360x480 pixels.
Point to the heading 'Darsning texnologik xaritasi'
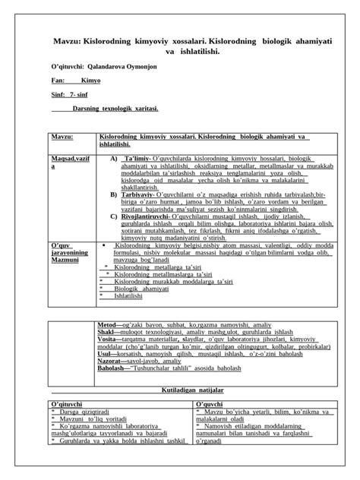(x=115, y=109)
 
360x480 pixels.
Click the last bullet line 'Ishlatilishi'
(x=131, y=297)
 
